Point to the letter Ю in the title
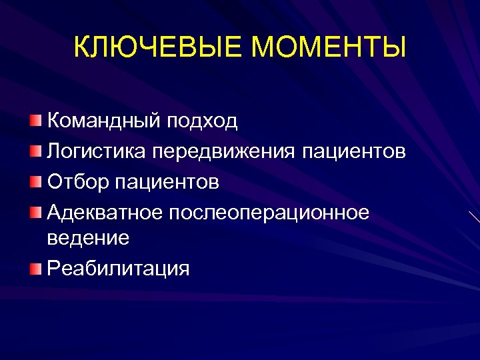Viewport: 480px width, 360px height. [x=127, y=49]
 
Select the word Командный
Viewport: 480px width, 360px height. [x=104, y=121]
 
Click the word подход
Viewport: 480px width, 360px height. [x=203, y=121]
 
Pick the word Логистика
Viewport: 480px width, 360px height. [x=97, y=151]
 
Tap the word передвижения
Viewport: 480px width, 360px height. [x=224, y=151]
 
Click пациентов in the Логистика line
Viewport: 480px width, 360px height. [x=353, y=151]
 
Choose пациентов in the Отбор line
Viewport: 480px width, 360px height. [x=163, y=181]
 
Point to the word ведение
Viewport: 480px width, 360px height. [x=87, y=237]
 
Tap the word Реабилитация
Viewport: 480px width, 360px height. [x=118, y=268]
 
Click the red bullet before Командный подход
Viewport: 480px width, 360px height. [x=35, y=120]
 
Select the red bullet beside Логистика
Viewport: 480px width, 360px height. [x=35, y=150]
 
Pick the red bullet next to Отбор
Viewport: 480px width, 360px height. [x=35, y=180]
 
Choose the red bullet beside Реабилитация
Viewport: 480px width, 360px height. [x=35, y=267]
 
